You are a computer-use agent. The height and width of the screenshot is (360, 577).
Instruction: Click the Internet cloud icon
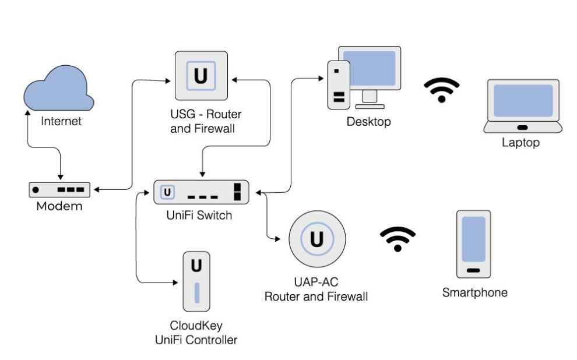click(58, 89)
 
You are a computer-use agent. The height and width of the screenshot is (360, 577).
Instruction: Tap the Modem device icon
click(60, 190)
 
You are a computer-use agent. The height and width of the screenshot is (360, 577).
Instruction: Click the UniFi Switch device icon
click(201, 192)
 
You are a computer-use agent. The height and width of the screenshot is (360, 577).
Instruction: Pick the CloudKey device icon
click(196, 281)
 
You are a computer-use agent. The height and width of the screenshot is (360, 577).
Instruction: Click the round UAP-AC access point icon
click(317, 239)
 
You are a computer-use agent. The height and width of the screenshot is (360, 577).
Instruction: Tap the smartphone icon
click(473, 244)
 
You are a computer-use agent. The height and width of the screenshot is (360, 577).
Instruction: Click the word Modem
click(59, 206)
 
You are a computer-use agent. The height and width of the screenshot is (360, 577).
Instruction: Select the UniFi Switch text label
click(199, 216)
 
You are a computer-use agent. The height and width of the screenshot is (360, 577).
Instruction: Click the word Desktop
click(368, 122)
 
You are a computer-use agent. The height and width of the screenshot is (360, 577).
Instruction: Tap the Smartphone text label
click(474, 292)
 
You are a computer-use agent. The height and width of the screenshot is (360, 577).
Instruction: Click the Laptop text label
click(520, 142)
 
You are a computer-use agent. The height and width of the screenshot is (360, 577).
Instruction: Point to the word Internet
click(61, 122)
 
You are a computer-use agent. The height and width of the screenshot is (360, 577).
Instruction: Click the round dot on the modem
click(36, 190)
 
